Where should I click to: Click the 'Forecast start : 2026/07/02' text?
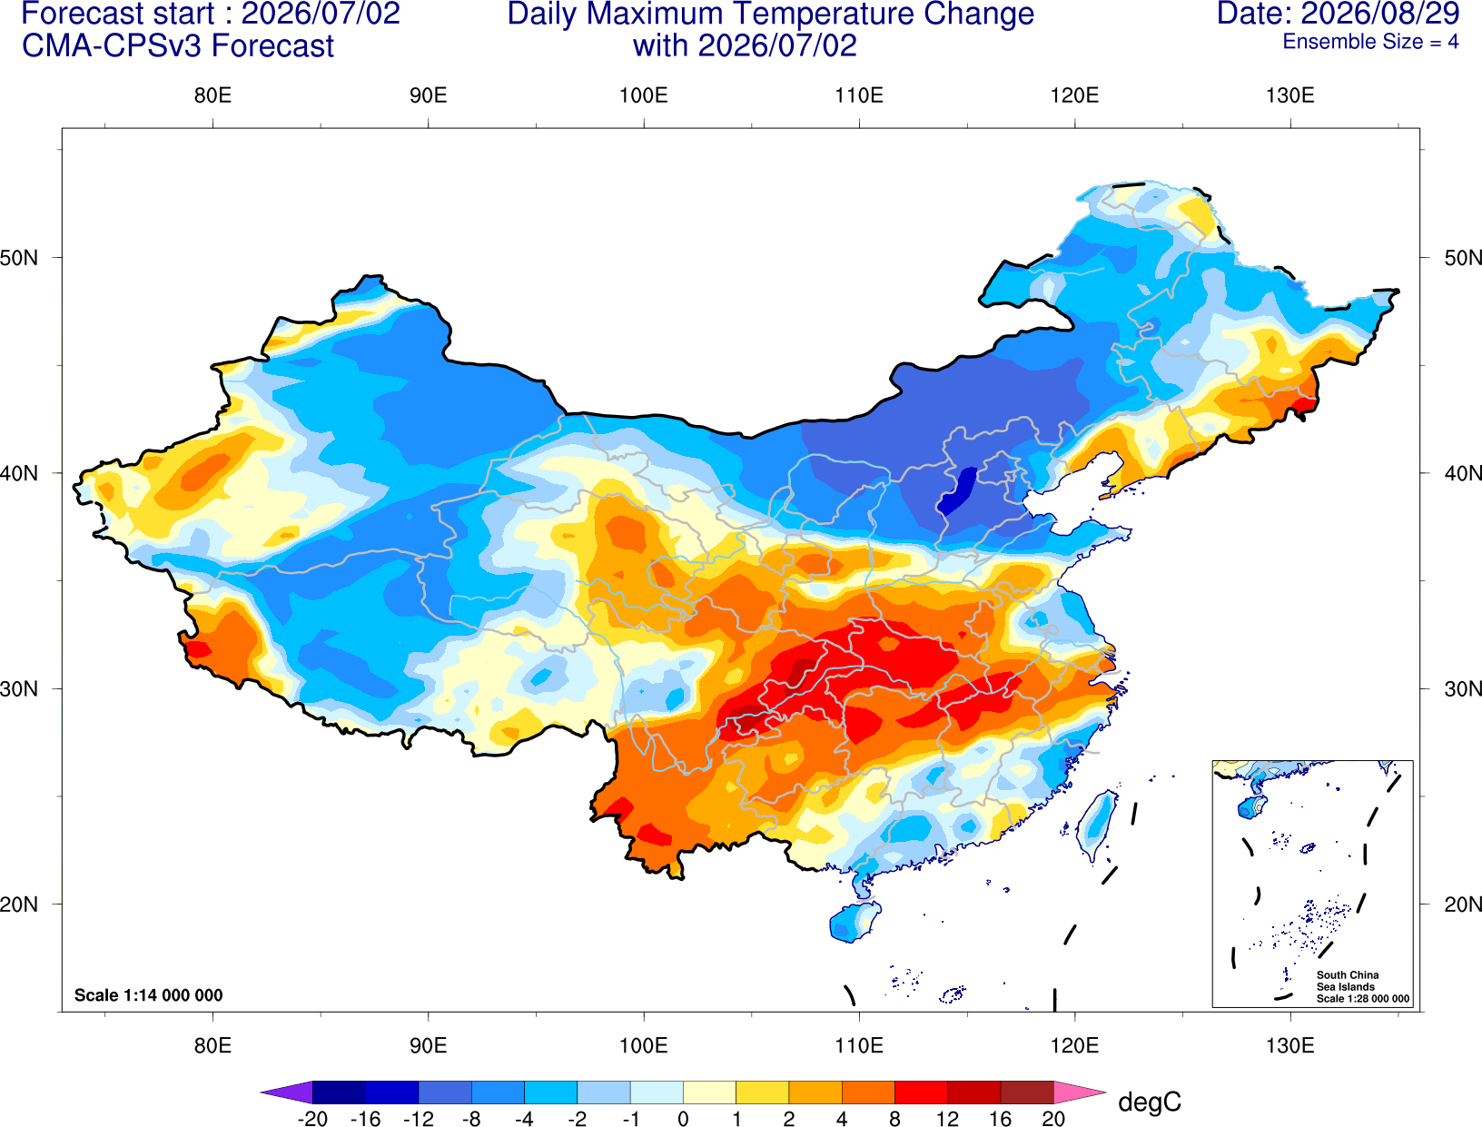click(211, 14)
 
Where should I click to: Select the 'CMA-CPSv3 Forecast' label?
click(178, 46)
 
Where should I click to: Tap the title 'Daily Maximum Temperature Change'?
click(770, 14)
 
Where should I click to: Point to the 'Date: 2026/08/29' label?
click(1339, 14)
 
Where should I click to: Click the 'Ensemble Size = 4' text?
click(1370, 42)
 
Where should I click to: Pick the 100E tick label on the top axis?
click(644, 95)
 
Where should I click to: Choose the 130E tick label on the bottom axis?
click(1290, 1046)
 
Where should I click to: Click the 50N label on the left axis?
click(19, 257)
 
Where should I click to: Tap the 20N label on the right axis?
click(1463, 905)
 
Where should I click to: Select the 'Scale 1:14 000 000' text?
click(149, 995)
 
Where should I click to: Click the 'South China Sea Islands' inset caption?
click(1348, 981)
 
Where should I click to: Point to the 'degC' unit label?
click(1150, 1102)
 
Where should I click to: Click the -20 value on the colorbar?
click(312, 1119)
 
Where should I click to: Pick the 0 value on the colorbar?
click(683, 1119)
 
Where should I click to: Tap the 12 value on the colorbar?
click(947, 1119)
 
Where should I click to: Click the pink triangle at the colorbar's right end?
click(1078, 1092)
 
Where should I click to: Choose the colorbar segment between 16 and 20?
click(1027, 1092)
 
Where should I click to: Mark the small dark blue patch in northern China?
click(958, 491)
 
